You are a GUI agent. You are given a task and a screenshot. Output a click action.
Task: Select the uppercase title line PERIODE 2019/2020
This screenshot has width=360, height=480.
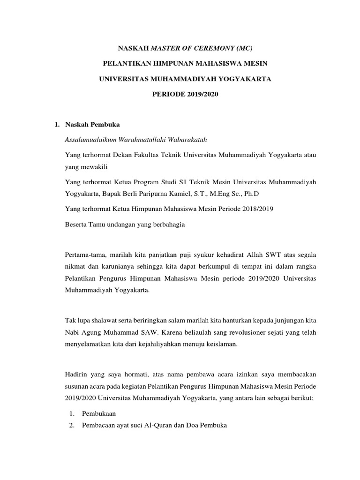(185, 94)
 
